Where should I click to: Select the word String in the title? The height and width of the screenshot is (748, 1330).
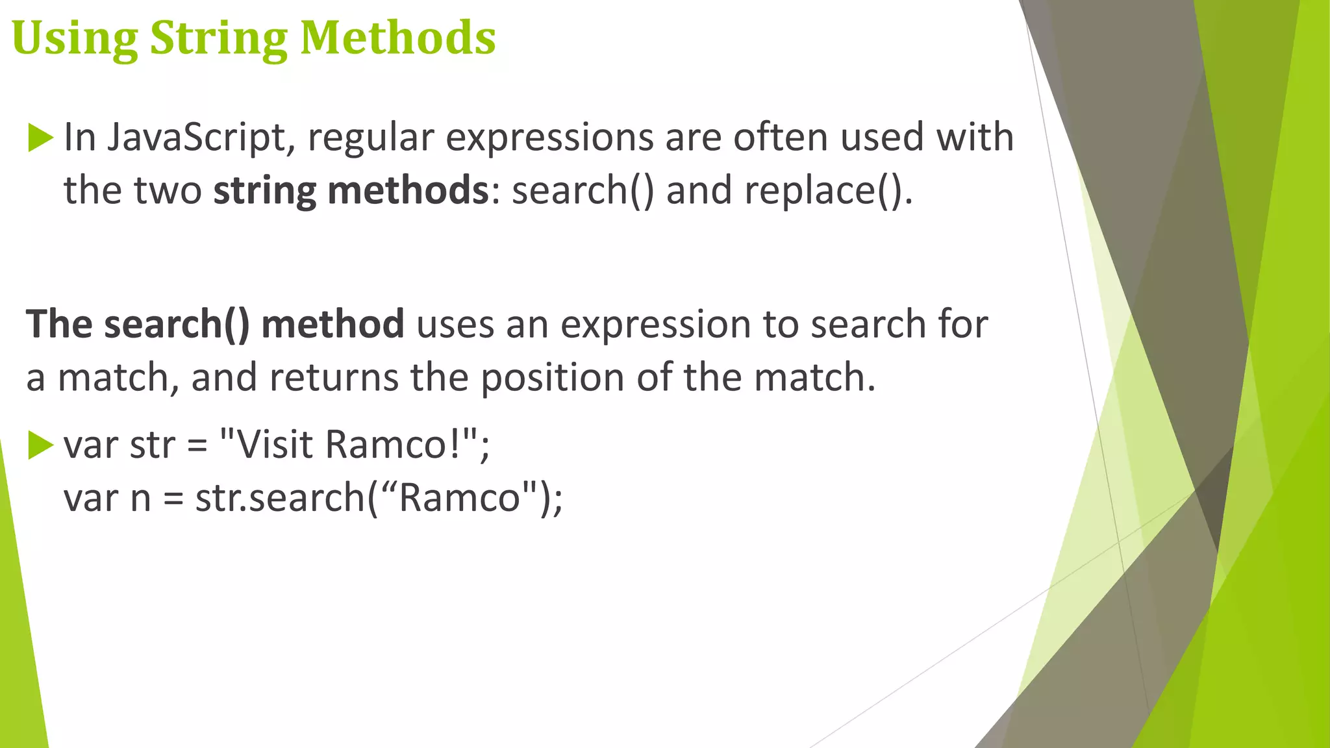218,39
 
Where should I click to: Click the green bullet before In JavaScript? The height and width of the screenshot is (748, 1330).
40,138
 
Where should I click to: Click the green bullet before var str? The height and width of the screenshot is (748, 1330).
40,445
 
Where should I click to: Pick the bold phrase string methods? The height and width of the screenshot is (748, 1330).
351,191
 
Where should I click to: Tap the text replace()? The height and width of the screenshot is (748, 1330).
828,191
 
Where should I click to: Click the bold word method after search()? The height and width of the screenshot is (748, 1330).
332,324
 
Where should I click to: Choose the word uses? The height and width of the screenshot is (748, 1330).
455,325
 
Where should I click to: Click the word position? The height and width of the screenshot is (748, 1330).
552,378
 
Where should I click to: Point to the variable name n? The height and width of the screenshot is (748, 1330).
141,499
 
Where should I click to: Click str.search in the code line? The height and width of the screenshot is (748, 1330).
280,498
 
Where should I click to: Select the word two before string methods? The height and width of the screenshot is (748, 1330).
168,191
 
